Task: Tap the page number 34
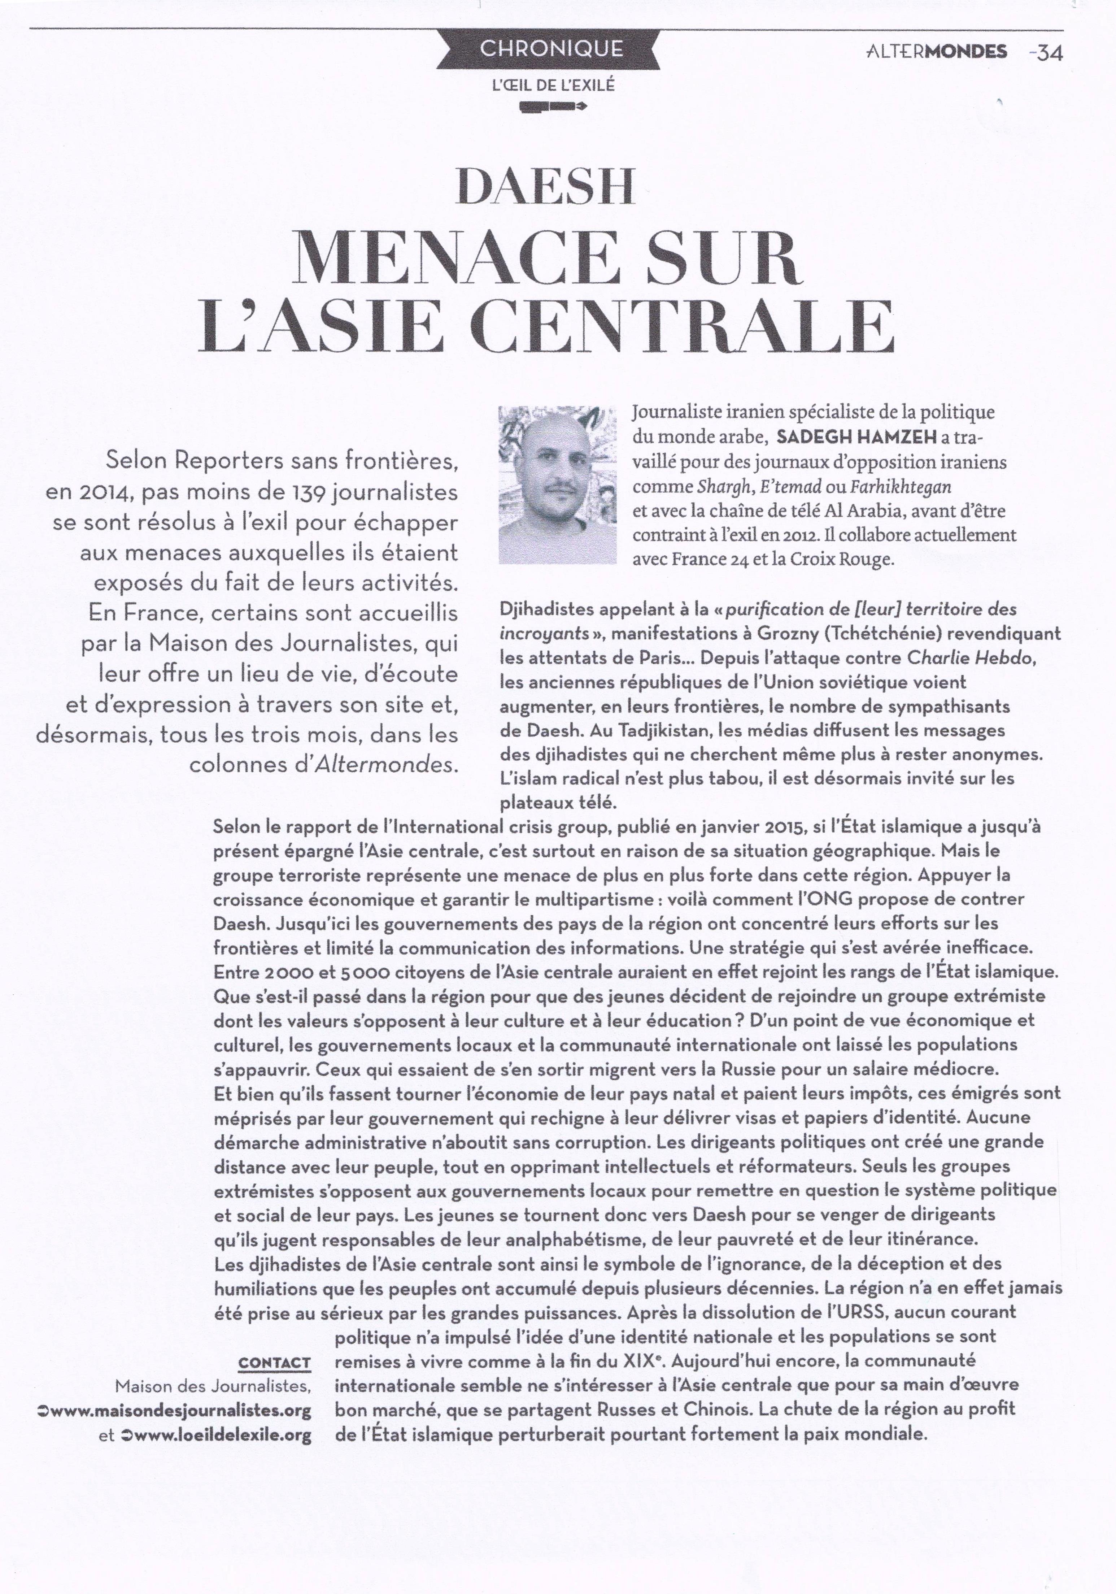point(1049,53)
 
